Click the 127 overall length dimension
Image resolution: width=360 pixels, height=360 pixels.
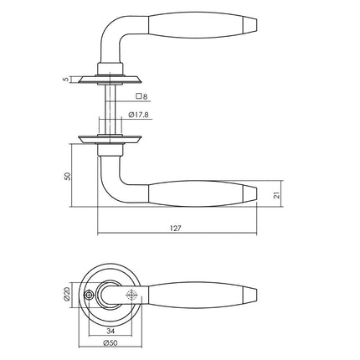[177, 227]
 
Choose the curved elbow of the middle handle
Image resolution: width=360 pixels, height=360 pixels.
[111, 183]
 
